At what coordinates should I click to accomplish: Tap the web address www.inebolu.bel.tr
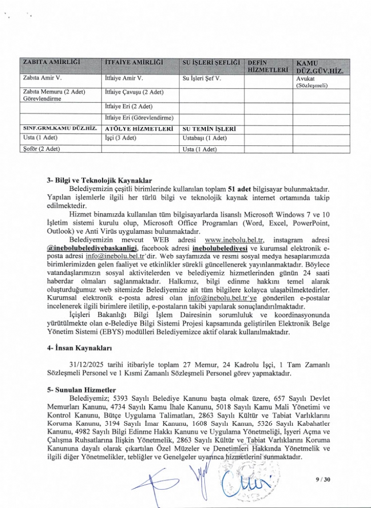[x=235, y=239]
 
